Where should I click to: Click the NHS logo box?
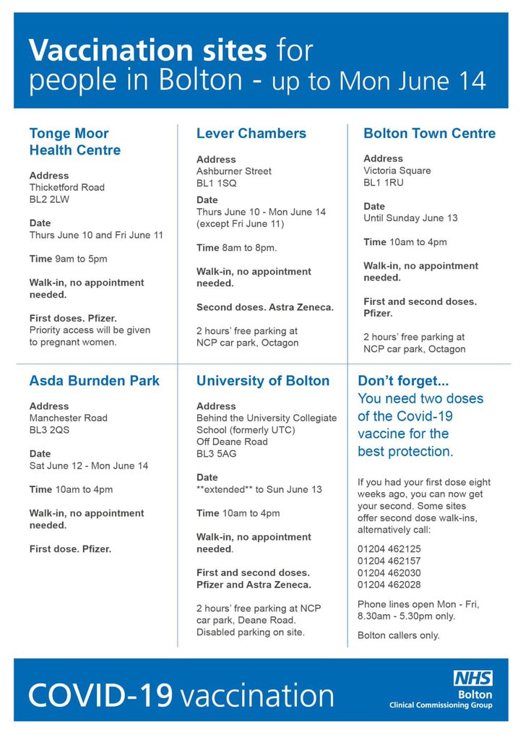coord(473,678)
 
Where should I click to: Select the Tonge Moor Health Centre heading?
coord(74,142)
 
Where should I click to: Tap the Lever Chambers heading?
coord(251,133)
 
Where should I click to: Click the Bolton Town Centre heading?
coord(429,133)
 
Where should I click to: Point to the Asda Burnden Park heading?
coord(94,381)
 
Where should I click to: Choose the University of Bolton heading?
coord(263,381)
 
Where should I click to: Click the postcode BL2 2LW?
coord(52,199)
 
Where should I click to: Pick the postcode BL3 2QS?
coord(53,429)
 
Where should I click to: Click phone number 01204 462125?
coord(389,549)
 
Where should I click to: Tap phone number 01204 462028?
coord(389,585)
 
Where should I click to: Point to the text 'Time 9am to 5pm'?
coord(68,259)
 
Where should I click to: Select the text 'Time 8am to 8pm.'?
coord(236,248)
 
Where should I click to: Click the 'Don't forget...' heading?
coord(404,381)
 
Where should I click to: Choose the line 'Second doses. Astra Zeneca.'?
coord(265,307)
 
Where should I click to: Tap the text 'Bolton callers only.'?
coord(398,636)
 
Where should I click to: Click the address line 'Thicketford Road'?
coord(66,187)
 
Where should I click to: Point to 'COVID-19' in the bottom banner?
coord(101,695)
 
